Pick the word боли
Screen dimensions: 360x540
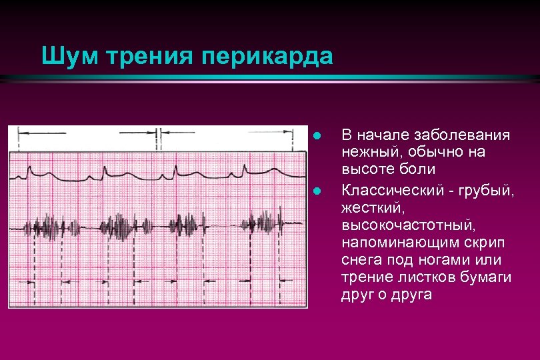(420, 170)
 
